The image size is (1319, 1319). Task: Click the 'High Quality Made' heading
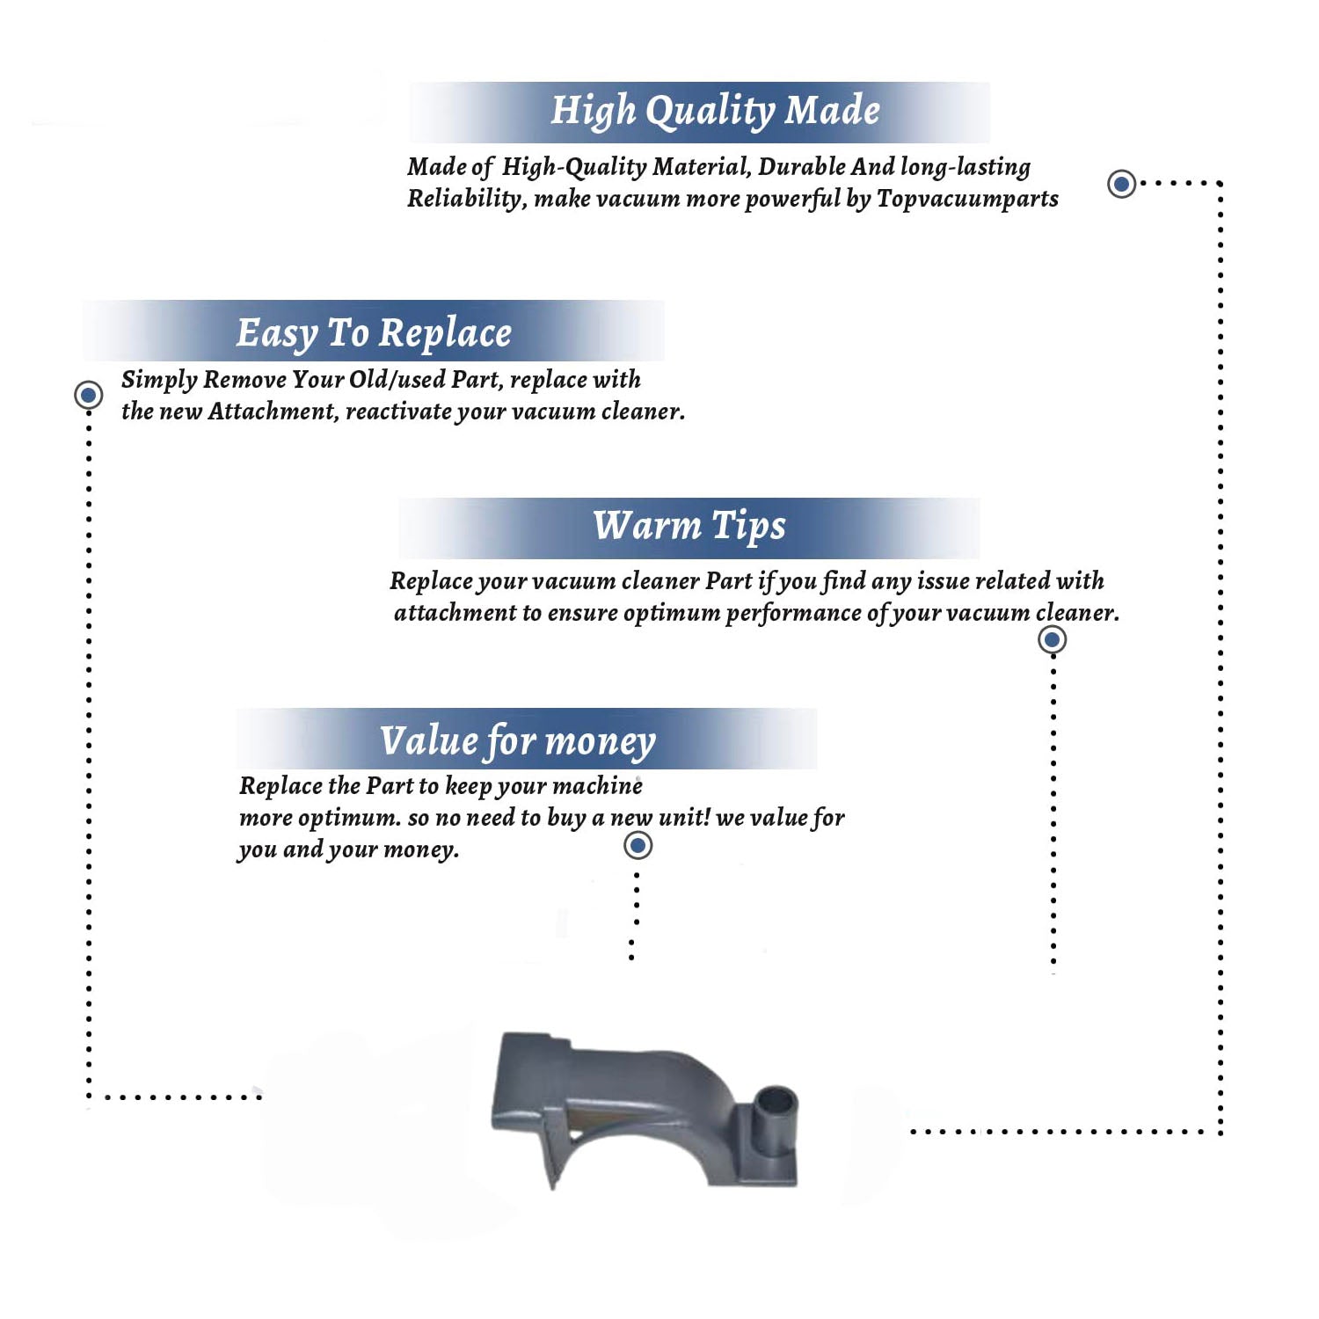(x=715, y=111)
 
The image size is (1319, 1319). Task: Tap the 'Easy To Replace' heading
(x=374, y=333)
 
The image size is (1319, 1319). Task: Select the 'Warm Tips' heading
(x=689, y=526)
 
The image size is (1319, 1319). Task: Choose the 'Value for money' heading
(x=517, y=740)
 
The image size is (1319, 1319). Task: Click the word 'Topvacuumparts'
(x=967, y=199)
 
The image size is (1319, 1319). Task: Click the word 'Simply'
(x=159, y=380)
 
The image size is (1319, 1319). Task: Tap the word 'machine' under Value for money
(x=598, y=786)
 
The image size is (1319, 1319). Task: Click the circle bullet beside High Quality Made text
(x=1121, y=184)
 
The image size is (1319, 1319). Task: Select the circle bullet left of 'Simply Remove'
(x=88, y=395)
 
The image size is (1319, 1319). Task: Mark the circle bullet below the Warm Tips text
(x=1052, y=639)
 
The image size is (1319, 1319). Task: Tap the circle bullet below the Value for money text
(x=638, y=845)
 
